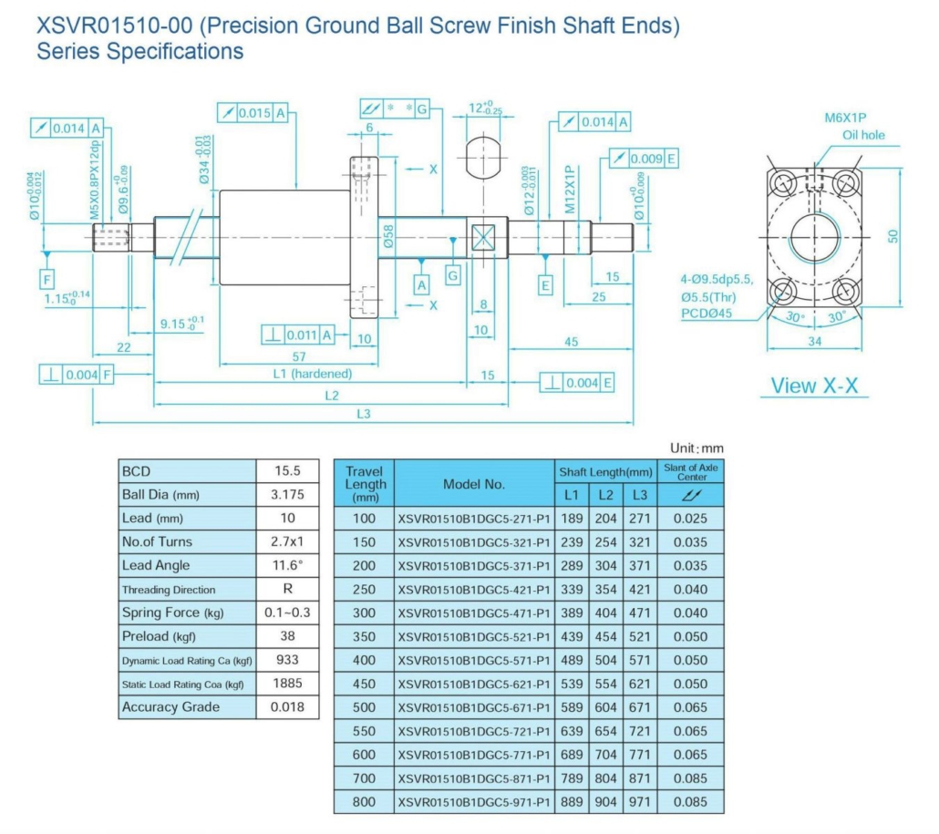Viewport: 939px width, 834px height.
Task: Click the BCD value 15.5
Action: click(288, 471)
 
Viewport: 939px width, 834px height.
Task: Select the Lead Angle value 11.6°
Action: click(288, 565)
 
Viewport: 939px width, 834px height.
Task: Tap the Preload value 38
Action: click(288, 636)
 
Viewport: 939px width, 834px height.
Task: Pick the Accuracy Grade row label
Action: click(170, 707)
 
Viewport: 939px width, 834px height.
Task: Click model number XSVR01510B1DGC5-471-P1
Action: click(474, 613)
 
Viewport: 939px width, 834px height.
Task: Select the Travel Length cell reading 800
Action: click(364, 802)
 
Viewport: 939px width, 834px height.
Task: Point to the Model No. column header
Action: click(474, 484)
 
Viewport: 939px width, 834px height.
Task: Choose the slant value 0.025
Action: click(690, 518)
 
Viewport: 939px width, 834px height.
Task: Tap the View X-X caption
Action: click(814, 386)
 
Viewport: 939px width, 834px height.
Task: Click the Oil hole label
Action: click(863, 135)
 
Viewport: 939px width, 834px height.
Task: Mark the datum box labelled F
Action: click(46, 277)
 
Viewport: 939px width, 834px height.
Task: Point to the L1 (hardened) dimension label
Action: click(312, 374)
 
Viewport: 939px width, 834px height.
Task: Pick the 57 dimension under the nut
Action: click(297, 355)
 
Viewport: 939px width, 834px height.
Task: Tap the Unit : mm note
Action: click(696, 448)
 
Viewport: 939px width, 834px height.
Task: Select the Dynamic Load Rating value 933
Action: click(288, 660)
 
